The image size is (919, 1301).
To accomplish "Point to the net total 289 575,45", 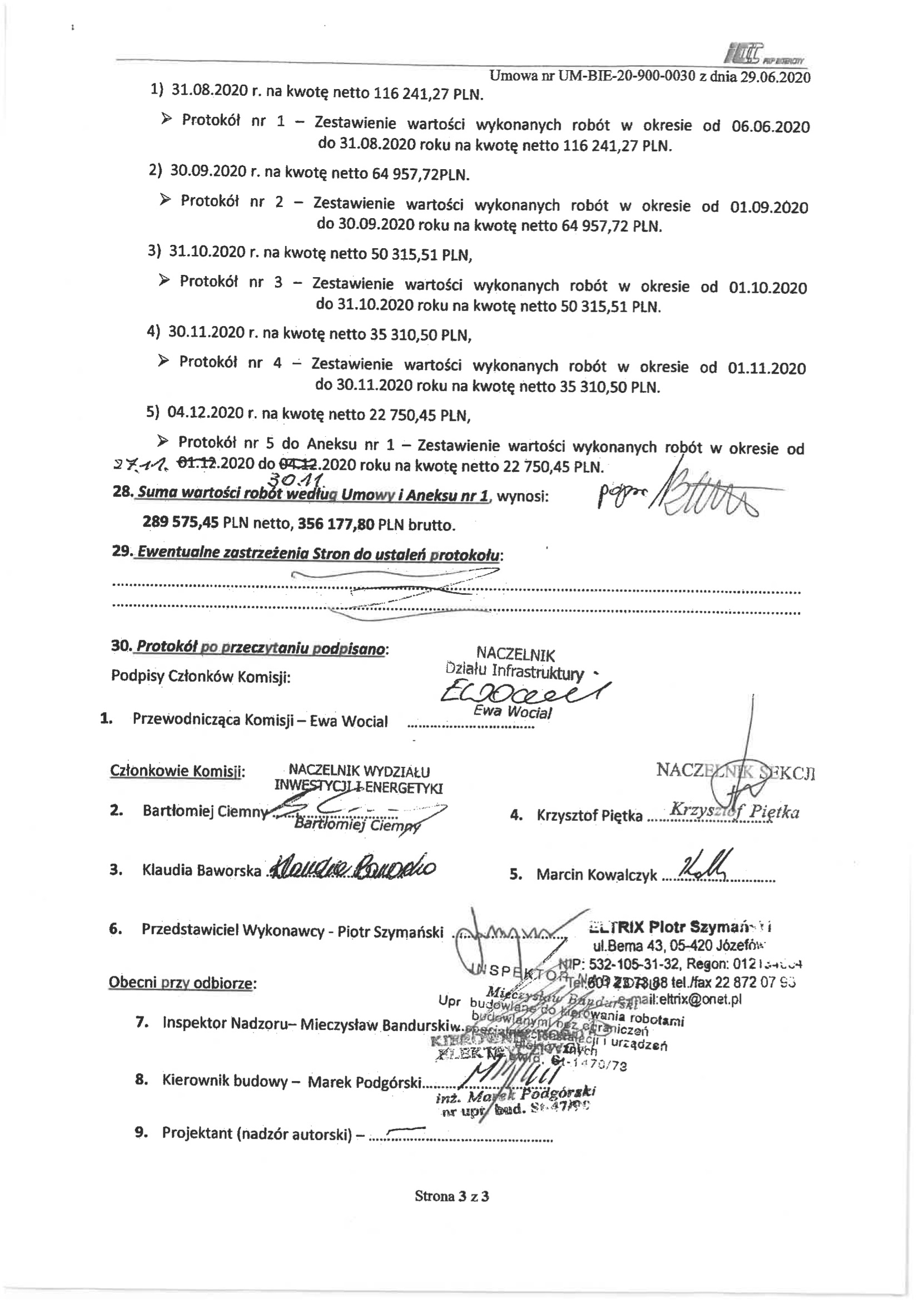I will (181, 522).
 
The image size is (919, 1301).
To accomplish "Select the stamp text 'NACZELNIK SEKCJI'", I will (735, 771).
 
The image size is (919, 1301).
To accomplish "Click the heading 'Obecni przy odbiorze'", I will (182, 983).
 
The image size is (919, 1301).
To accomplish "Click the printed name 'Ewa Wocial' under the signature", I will (512, 712).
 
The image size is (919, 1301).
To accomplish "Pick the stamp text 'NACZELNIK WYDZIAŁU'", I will (359, 771).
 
